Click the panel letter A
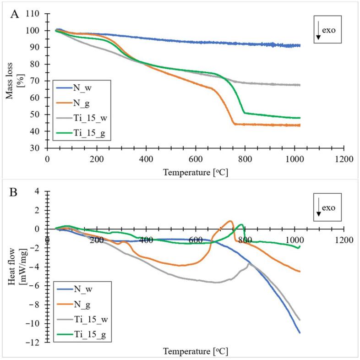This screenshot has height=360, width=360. (x=15, y=14)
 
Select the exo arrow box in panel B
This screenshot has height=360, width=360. (x=327, y=208)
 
